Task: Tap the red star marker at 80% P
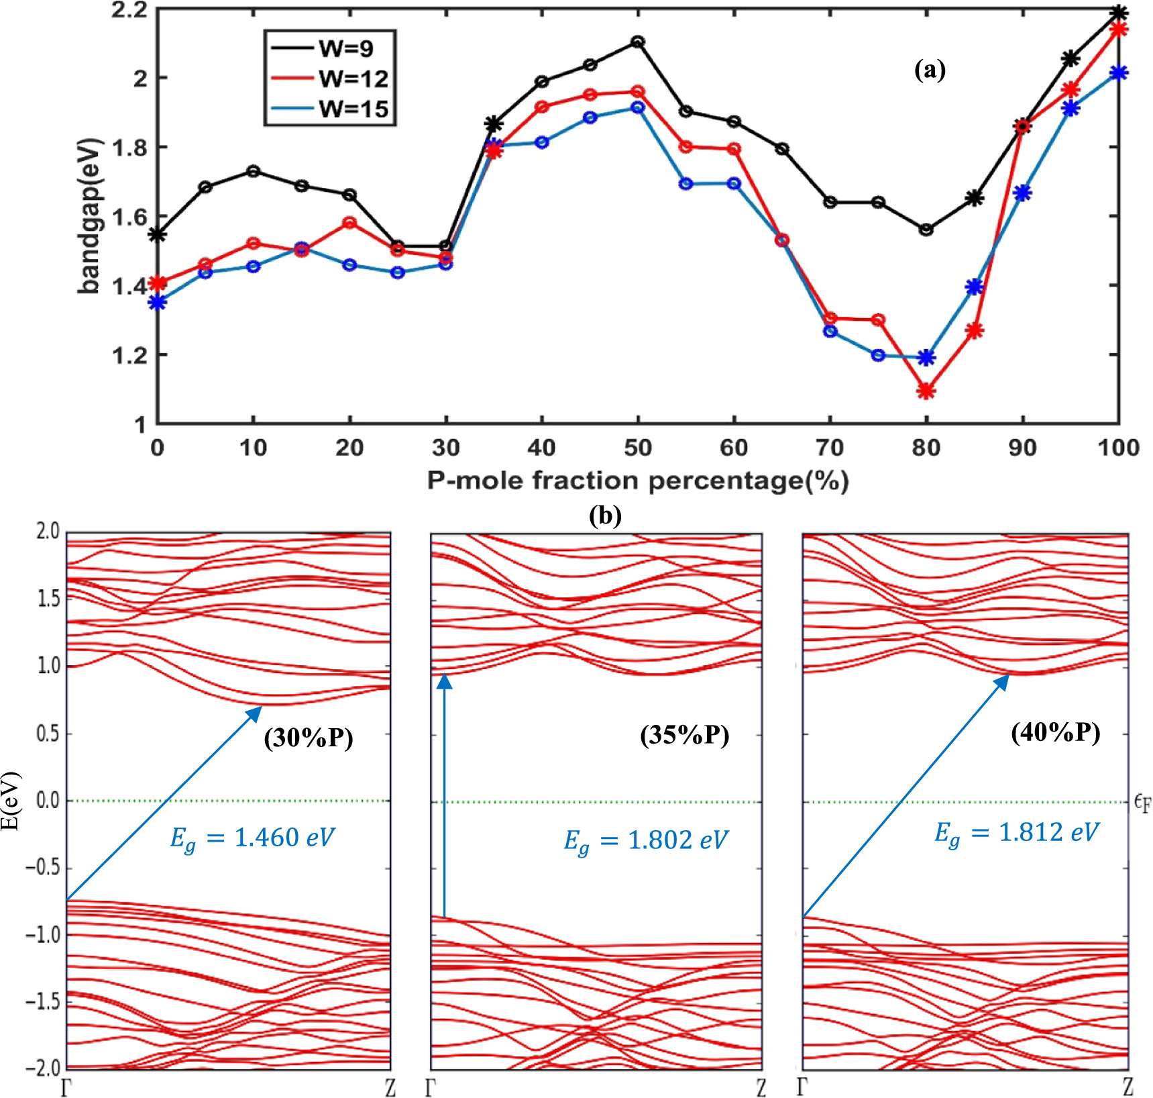(926, 391)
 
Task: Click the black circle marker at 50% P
(638, 42)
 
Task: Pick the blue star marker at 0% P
(157, 303)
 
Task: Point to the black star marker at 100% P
(1118, 13)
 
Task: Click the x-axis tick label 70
(830, 448)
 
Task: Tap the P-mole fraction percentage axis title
(638, 481)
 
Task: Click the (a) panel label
(930, 69)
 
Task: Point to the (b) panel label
(604, 515)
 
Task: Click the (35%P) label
(684, 735)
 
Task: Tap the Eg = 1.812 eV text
(1016, 833)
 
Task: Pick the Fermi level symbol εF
(1142, 802)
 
